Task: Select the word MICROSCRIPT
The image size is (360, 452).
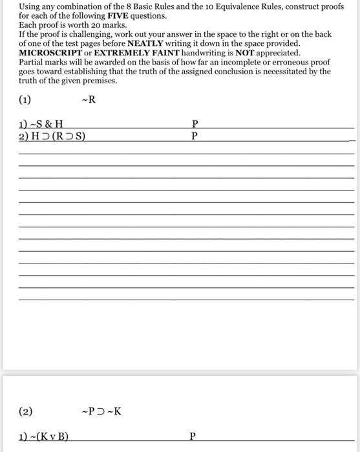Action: (50, 52)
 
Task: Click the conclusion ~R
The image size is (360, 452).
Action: (89, 100)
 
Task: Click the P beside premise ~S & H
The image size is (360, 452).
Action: (195, 123)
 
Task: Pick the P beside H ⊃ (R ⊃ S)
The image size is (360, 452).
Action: (195, 136)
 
